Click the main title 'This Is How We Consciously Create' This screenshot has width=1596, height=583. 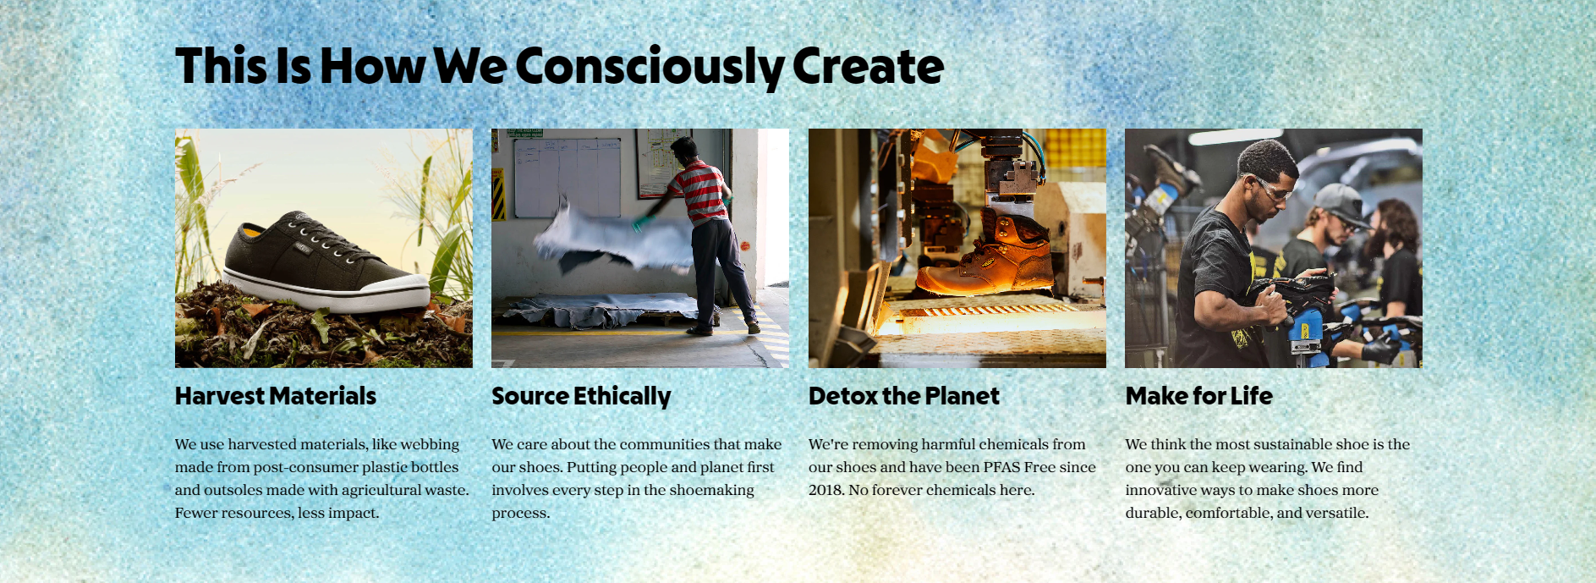559,67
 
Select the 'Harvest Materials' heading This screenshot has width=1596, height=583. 276,396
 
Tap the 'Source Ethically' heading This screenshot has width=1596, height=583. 581,397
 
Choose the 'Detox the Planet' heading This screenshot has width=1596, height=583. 903,396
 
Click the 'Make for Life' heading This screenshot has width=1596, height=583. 1198,396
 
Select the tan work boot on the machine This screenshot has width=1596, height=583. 984,255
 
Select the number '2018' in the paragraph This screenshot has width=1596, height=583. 826,490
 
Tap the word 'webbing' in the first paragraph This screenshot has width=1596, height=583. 430,445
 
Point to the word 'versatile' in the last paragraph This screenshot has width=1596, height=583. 1336,513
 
